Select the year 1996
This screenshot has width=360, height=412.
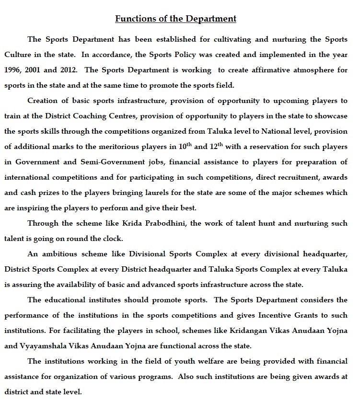point(14,69)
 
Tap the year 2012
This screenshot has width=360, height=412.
point(70,69)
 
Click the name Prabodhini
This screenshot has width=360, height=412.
point(139,223)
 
